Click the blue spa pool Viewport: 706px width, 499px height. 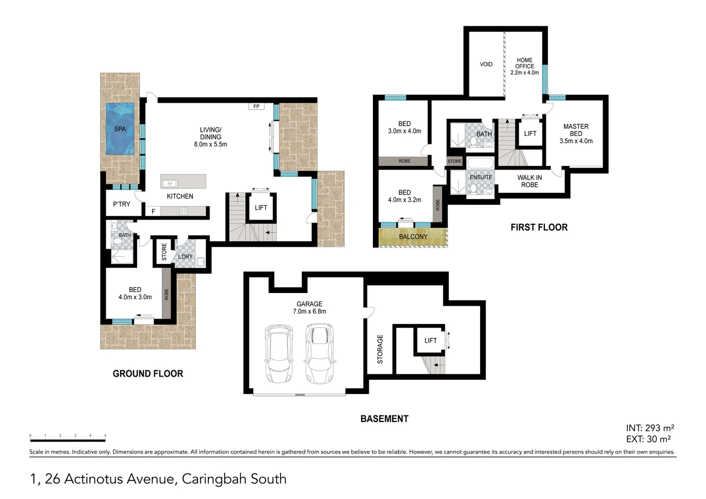pyautogui.click(x=120, y=128)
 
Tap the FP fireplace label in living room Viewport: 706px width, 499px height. pyautogui.click(x=256, y=106)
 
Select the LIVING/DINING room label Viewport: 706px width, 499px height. pyautogui.click(x=210, y=137)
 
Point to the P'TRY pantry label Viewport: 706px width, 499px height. pyautogui.click(x=122, y=204)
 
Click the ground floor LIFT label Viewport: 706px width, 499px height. pyautogui.click(x=261, y=207)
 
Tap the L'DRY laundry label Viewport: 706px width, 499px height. pyautogui.click(x=185, y=257)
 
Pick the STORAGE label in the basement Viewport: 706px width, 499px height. pyautogui.click(x=380, y=349)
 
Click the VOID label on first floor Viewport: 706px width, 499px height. pyautogui.click(x=486, y=64)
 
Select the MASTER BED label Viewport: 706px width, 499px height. pyautogui.click(x=576, y=130)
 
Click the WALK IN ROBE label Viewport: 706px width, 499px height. pyautogui.click(x=529, y=181)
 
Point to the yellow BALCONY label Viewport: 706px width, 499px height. pyautogui.click(x=413, y=237)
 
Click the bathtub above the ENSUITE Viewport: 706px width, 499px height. pyautogui.click(x=481, y=163)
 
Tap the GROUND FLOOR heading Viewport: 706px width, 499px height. pyautogui.click(x=148, y=374)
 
